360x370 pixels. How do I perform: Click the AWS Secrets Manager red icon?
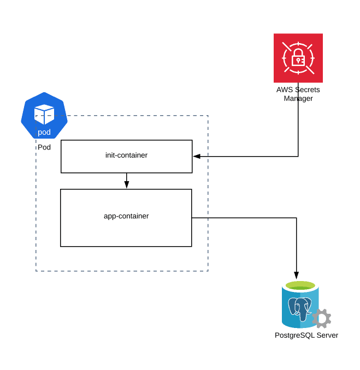[298, 58]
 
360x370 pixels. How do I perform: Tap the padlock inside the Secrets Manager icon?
[298, 57]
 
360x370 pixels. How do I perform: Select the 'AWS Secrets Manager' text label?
[298, 94]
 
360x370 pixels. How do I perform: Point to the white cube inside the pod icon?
[44, 113]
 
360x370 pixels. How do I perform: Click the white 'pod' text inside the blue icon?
[44, 132]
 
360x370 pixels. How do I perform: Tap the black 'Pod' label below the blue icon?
[44, 148]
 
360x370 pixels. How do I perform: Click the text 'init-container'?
[126, 156]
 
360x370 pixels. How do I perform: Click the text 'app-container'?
[126, 216]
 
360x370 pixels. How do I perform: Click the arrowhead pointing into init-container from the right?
[196, 156]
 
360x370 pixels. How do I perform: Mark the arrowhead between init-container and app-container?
[126, 185]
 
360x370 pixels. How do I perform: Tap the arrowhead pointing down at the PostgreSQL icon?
[297, 274]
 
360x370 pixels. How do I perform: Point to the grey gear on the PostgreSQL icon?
[321, 318]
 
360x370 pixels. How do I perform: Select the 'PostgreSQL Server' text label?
[306, 335]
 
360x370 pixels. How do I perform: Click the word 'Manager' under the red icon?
[298, 99]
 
